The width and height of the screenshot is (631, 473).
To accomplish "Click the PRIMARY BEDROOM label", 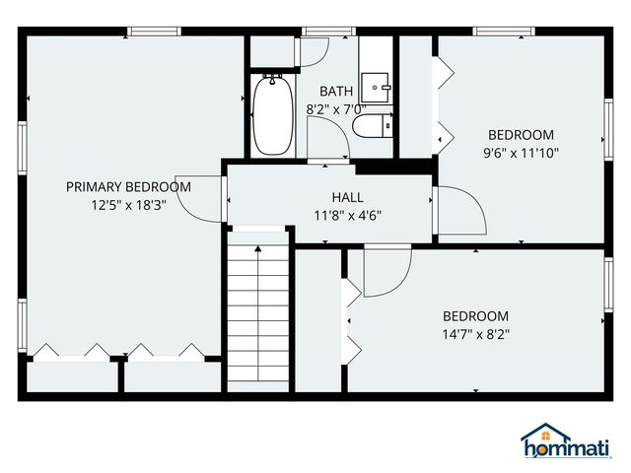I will (128, 187).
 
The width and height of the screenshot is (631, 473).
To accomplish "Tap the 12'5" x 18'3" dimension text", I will (128, 206).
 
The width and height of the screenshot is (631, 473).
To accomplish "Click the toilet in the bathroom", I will (373, 125).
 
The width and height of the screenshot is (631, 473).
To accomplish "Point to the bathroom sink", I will (376, 84).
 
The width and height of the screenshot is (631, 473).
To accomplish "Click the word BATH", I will (335, 92).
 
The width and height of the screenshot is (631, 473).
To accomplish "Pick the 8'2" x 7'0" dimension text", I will (335, 109).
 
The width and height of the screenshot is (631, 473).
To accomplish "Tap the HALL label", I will (348, 197).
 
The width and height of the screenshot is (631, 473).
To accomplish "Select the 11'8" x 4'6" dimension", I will (348, 215).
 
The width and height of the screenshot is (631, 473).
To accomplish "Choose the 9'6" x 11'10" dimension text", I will (522, 153).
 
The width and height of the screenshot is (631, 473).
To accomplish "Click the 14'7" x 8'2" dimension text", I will (475, 334).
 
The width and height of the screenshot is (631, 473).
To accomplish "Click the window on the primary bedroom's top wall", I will (154, 32).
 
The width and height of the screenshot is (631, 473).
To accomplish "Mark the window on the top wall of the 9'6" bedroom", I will (498, 32).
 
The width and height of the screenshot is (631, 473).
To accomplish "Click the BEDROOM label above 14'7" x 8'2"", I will (475, 316).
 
